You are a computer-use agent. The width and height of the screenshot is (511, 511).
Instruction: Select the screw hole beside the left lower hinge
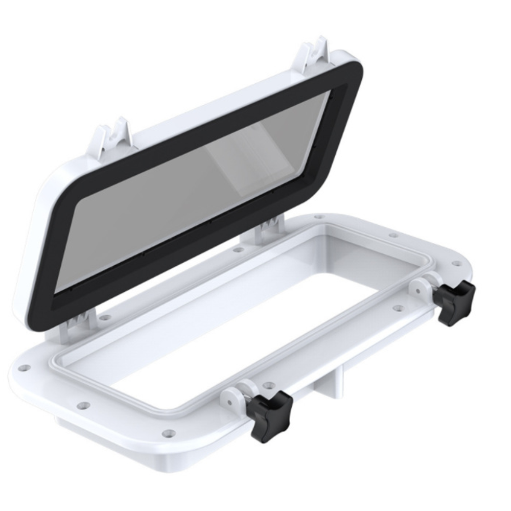104,317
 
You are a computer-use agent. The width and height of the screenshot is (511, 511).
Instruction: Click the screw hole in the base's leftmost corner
22,367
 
